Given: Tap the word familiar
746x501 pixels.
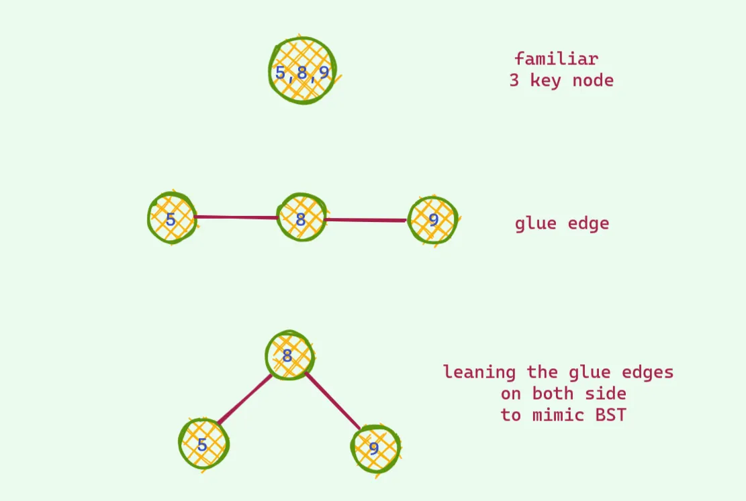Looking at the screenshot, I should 556,59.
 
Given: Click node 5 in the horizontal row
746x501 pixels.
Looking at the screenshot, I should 172,219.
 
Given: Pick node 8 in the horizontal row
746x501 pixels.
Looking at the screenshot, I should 301,219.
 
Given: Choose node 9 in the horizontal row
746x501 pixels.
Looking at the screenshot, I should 433,221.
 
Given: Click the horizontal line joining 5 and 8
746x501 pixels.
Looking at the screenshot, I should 236,217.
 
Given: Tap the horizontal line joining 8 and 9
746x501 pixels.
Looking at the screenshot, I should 366,219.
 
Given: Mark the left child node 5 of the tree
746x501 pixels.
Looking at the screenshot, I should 203,444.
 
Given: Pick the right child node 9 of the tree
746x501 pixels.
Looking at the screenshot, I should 375,448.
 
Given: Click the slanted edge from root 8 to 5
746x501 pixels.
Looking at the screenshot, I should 244,400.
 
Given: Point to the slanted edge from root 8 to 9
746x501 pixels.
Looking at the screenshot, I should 333,400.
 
